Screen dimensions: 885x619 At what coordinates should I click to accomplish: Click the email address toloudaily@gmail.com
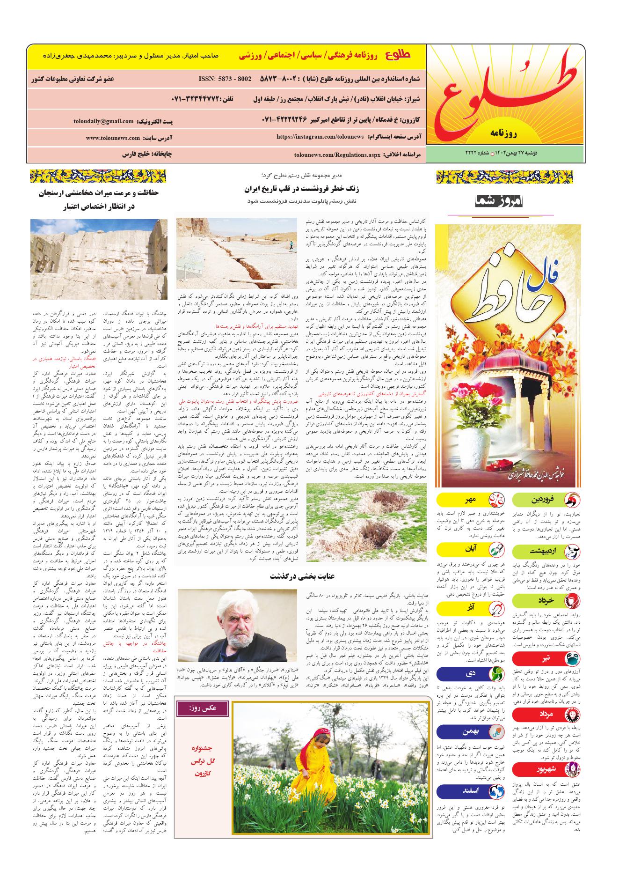[103, 121]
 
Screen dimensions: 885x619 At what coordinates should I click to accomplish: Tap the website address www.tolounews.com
[113, 138]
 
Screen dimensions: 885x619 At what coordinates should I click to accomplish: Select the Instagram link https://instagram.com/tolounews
[320, 136]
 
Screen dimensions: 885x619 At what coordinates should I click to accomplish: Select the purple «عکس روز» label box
[202, 708]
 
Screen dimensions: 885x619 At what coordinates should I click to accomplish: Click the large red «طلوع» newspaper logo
[507, 95]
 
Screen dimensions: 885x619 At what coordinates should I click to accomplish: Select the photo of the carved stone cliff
[99, 259]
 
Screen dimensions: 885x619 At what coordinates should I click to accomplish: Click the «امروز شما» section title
[501, 202]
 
